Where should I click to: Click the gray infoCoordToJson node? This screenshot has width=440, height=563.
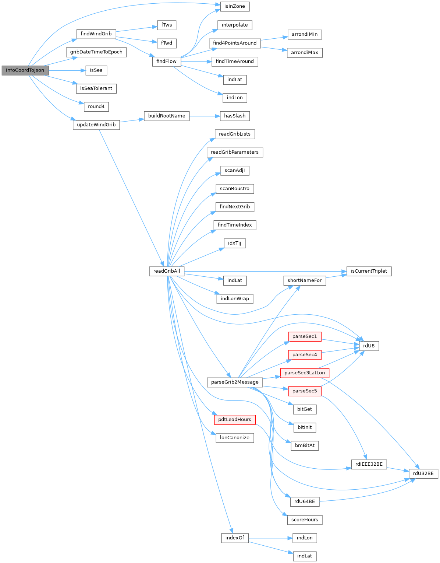click(25, 70)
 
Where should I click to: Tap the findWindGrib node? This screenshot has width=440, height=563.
click(96, 34)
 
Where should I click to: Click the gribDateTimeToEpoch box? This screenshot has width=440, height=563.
click(96, 52)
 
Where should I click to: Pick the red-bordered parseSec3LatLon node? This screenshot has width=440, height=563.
click(305, 373)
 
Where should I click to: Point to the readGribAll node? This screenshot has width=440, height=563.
click(167, 271)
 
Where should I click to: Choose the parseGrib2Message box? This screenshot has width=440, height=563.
click(235, 382)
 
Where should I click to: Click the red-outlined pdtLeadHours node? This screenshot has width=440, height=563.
click(235, 420)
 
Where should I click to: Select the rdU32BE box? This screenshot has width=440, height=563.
click(423, 473)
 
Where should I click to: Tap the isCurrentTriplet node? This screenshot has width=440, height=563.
click(369, 271)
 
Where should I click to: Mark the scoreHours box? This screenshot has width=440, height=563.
click(305, 520)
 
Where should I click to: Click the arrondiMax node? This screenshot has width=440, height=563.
click(305, 53)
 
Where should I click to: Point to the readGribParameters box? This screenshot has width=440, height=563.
click(235, 152)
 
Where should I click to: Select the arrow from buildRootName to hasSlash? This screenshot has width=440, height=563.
click(205, 116)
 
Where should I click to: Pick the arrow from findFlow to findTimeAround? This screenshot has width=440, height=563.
click(196, 62)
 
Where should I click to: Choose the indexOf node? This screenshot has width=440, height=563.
click(235, 538)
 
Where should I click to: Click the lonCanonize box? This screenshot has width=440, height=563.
click(235, 438)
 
